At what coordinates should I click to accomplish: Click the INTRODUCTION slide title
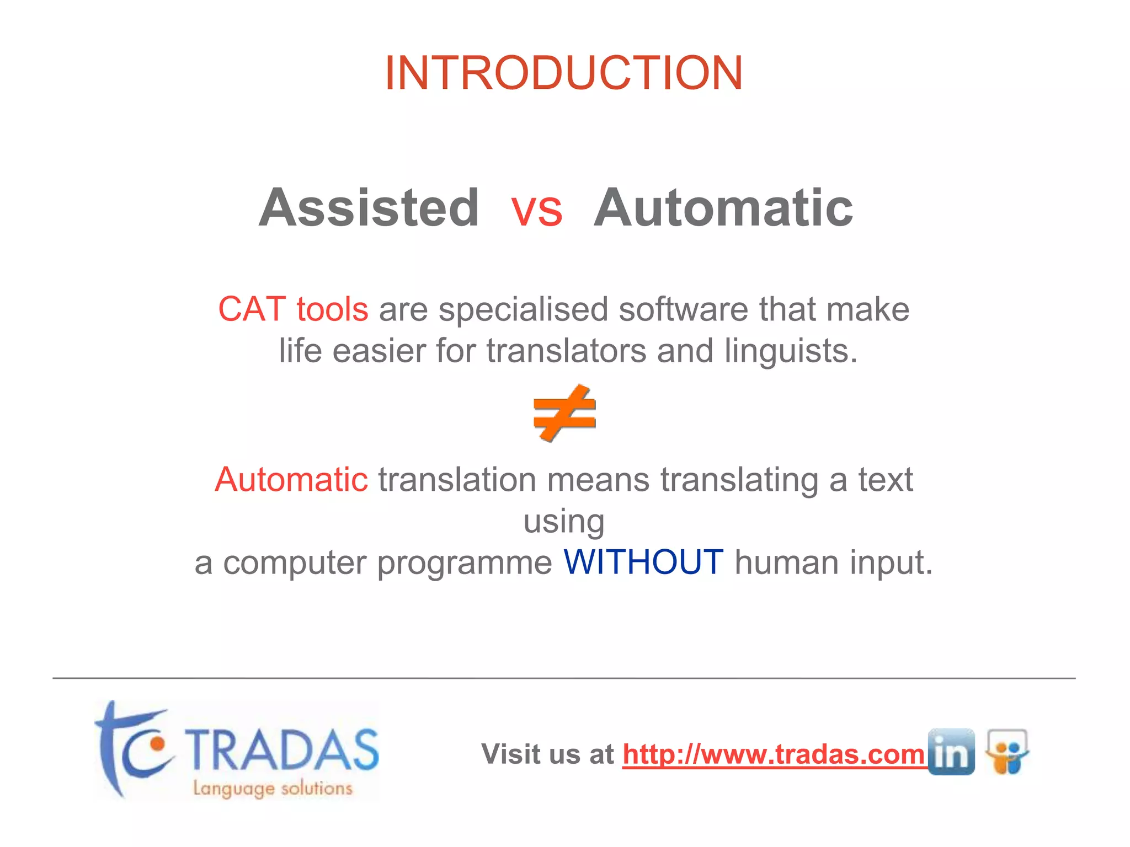(x=564, y=73)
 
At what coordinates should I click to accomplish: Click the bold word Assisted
(x=369, y=208)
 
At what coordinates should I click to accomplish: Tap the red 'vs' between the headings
(x=536, y=210)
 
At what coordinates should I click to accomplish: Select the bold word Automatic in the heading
(x=723, y=208)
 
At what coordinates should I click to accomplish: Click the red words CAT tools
(x=293, y=309)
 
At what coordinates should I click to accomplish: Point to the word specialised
(x=523, y=310)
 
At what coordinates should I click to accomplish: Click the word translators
(x=566, y=351)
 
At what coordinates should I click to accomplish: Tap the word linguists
(x=791, y=351)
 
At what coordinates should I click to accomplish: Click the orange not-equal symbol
(x=564, y=413)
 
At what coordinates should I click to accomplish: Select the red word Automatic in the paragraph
(x=291, y=479)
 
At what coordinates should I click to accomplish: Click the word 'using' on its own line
(x=564, y=522)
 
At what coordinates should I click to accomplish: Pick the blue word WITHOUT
(x=643, y=562)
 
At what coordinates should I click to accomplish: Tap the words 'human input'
(x=833, y=562)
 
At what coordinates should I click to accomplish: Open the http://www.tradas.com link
(x=773, y=754)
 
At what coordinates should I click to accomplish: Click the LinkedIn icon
(x=951, y=752)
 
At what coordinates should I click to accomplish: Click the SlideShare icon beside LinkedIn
(x=1007, y=752)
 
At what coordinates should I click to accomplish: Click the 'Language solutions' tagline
(x=273, y=788)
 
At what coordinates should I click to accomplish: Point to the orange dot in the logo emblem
(x=157, y=744)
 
